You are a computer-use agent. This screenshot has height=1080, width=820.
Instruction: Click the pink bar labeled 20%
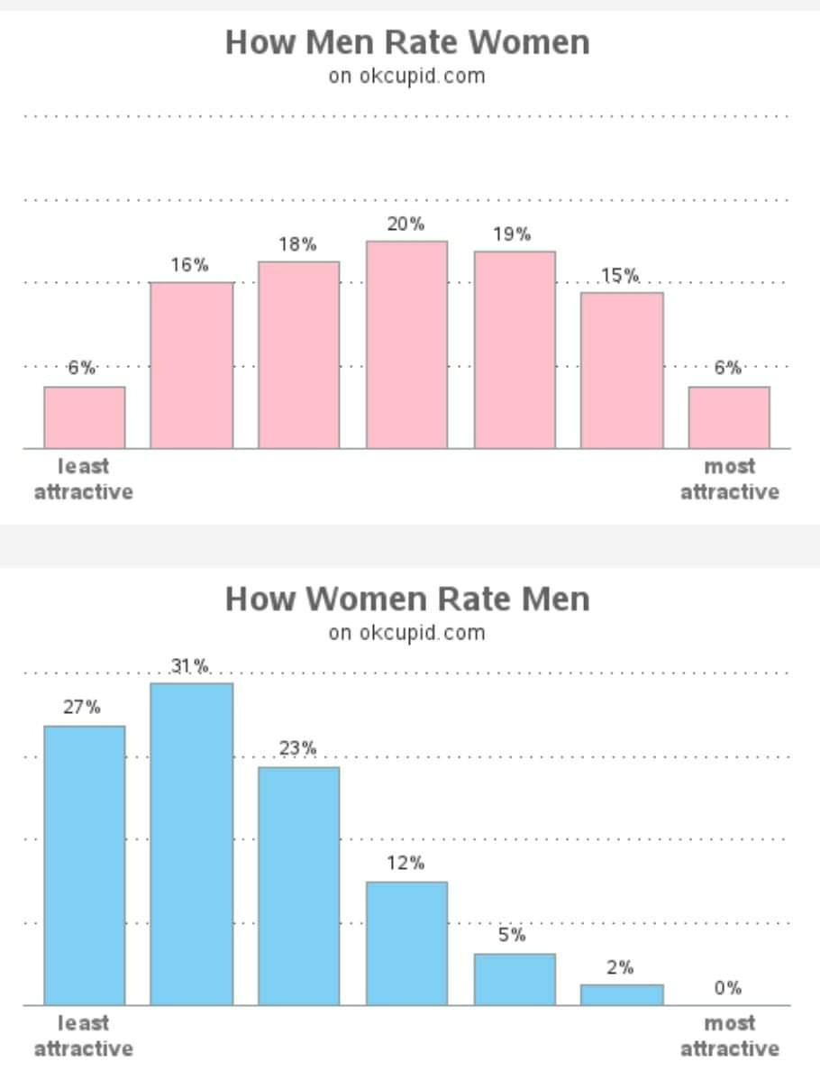(406, 344)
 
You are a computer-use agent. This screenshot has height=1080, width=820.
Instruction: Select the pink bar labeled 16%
(191, 365)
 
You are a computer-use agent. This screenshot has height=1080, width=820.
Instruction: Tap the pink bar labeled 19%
(515, 350)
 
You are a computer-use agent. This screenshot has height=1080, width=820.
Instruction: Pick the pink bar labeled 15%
(622, 370)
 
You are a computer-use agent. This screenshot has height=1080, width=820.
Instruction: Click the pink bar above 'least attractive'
(85, 417)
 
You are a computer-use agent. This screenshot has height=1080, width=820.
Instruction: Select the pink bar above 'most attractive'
(729, 417)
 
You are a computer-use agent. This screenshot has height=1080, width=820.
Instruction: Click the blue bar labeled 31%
(191, 844)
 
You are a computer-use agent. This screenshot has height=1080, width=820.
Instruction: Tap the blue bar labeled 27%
(85, 865)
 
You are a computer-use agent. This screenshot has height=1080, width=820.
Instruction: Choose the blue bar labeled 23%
(298, 885)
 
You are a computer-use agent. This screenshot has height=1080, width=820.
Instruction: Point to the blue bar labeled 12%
(406, 943)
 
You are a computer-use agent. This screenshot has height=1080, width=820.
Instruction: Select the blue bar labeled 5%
(515, 979)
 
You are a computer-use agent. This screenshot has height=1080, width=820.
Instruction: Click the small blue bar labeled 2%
(622, 994)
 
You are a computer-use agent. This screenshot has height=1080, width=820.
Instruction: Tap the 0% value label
(728, 988)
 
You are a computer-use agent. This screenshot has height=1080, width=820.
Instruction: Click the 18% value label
(297, 244)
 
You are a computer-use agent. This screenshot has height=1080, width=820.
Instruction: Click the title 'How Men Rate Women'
(407, 42)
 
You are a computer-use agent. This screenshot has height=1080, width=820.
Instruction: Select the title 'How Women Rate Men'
(407, 599)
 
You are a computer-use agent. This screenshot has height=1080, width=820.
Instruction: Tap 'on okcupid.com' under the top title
(406, 76)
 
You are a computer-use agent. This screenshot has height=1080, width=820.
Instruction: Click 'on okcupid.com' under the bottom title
(406, 633)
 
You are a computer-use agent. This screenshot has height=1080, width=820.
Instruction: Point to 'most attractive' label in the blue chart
(729, 1036)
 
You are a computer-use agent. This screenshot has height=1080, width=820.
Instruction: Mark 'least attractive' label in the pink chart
(84, 479)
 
